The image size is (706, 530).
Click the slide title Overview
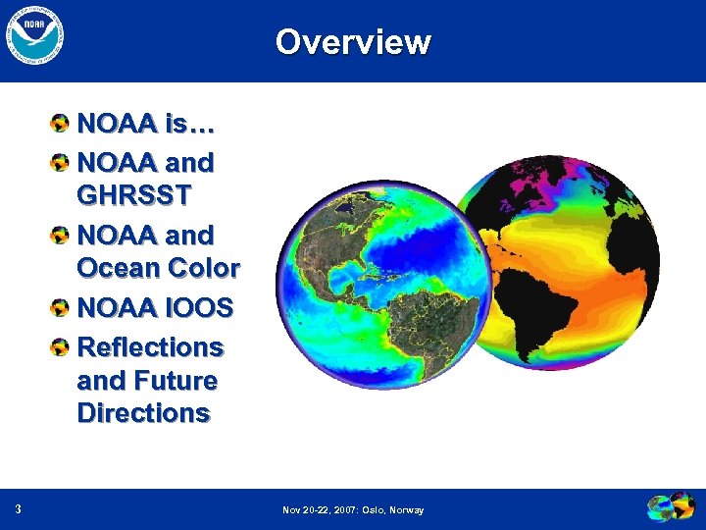(x=353, y=42)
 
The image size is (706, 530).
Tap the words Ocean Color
(x=158, y=268)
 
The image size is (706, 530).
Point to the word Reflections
(x=150, y=347)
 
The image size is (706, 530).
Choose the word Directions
(x=143, y=413)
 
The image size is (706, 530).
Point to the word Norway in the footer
(x=406, y=510)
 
